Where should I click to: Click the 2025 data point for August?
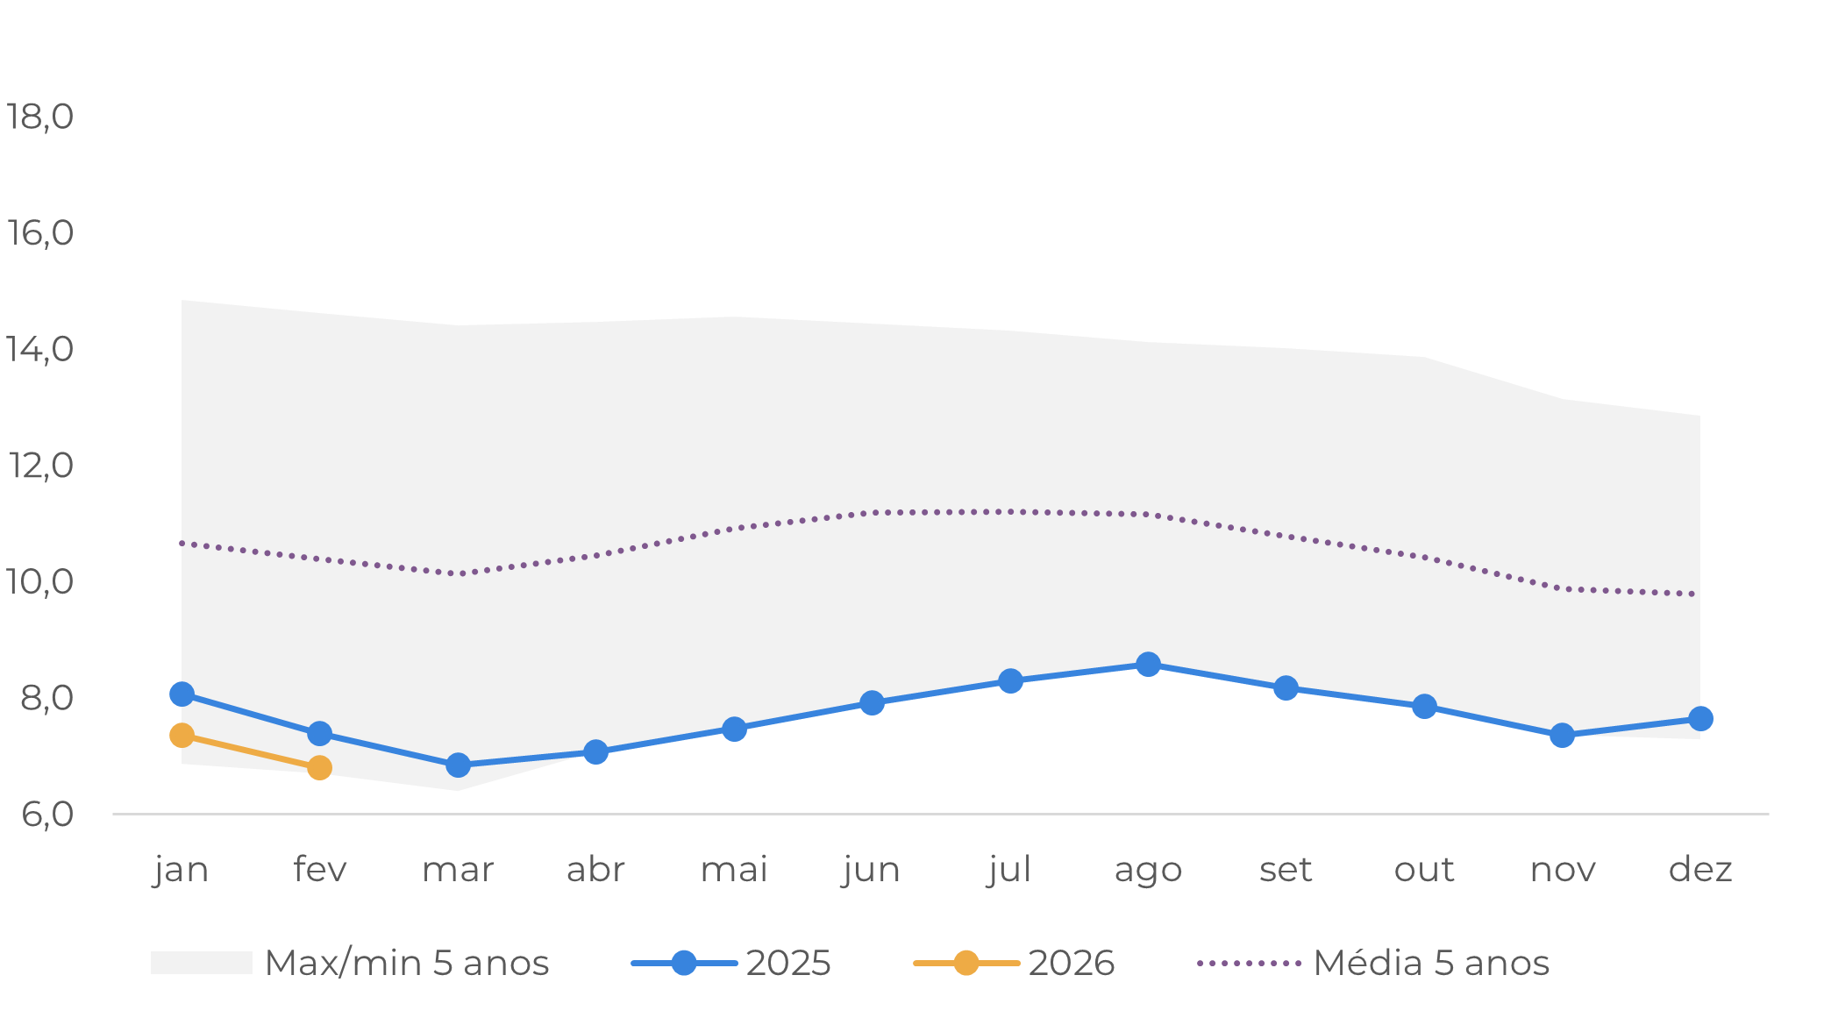coord(1148,665)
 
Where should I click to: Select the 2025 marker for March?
coord(458,765)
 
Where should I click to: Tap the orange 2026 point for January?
coord(182,735)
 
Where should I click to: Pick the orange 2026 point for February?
coord(319,768)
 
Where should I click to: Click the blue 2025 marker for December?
coord(1700,719)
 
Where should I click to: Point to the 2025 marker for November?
coord(1562,736)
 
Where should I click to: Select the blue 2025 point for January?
coord(182,694)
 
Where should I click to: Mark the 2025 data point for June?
coord(872,702)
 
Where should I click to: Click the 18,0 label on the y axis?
coord(39,117)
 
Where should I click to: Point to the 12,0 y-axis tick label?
coord(39,466)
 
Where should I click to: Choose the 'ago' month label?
coord(1148,870)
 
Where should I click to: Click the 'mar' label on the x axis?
coord(458,870)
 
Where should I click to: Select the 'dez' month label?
coord(1700,870)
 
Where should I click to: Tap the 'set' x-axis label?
coord(1286,870)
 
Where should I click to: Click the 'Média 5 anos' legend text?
coord(1431,963)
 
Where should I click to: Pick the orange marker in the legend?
coord(966,963)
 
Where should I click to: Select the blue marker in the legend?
coord(684,963)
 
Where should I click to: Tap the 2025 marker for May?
coord(734,729)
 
